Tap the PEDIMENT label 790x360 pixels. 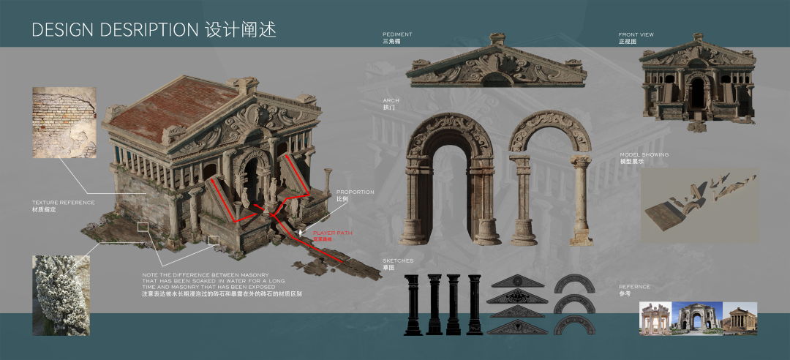coord(397,34)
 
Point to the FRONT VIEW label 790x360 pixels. coord(636,34)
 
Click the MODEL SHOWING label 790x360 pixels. coord(644,155)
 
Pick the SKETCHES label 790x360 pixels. coord(398,260)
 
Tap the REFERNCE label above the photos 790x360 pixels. coord(634,287)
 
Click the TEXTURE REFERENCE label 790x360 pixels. coord(63,202)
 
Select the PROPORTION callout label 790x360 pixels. coord(355,192)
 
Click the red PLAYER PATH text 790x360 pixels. coord(332,233)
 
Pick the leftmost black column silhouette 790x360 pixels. coord(413,304)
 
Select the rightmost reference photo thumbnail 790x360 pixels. coord(742,318)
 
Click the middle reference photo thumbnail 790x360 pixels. coord(699,318)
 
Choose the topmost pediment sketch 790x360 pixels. coord(518,281)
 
